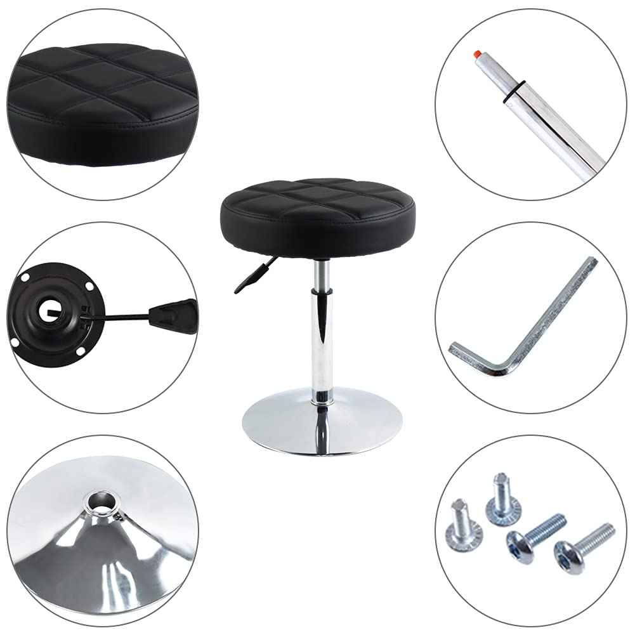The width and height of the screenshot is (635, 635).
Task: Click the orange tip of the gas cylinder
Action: [476, 55]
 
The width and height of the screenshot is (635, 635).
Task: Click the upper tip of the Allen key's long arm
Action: [591, 261]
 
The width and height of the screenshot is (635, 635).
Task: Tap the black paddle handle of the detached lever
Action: [173, 315]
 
